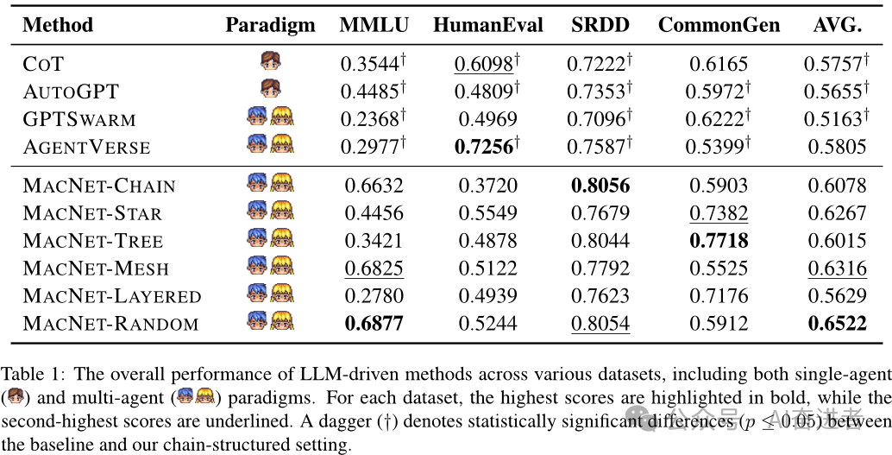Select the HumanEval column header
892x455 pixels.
coord(488,25)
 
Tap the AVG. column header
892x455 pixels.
coord(837,25)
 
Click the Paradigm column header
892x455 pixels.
coord(270,25)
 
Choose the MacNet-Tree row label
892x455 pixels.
coord(93,240)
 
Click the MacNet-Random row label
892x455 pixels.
coord(110,324)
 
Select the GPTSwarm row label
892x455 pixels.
coord(79,118)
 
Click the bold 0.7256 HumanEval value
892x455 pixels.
coord(483,146)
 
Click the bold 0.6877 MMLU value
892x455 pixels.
coord(374,324)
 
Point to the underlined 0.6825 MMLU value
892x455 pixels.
coord(374,269)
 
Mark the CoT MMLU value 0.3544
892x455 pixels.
coord(368,63)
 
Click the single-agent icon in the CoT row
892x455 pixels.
coord(270,61)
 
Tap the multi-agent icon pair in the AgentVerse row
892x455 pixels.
coord(270,144)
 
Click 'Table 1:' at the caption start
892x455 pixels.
coord(30,375)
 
